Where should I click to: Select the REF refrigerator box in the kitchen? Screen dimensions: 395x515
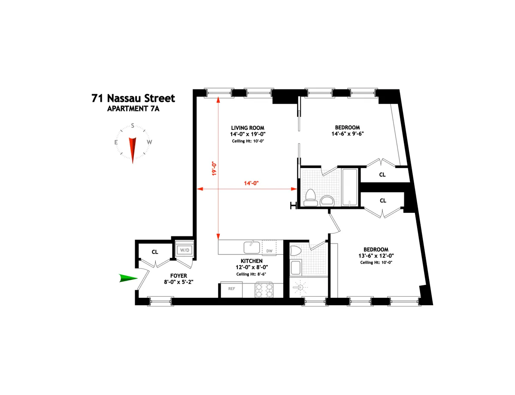point(231,289)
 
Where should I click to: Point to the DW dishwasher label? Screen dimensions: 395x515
point(270,251)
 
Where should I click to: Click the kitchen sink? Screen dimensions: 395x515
point(251,247)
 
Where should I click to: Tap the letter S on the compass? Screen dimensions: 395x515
point(133,126)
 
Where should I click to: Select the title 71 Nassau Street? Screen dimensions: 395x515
point(133,98)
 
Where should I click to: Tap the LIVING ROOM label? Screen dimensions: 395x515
point(247,128)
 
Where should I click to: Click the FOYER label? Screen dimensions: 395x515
point(179,276)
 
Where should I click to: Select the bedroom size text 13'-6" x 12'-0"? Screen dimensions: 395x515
point(376,256)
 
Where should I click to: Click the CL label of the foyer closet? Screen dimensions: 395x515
point(155,252)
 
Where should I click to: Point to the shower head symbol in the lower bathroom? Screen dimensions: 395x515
point(300,286)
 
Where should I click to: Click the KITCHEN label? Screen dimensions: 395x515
point(251,261)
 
